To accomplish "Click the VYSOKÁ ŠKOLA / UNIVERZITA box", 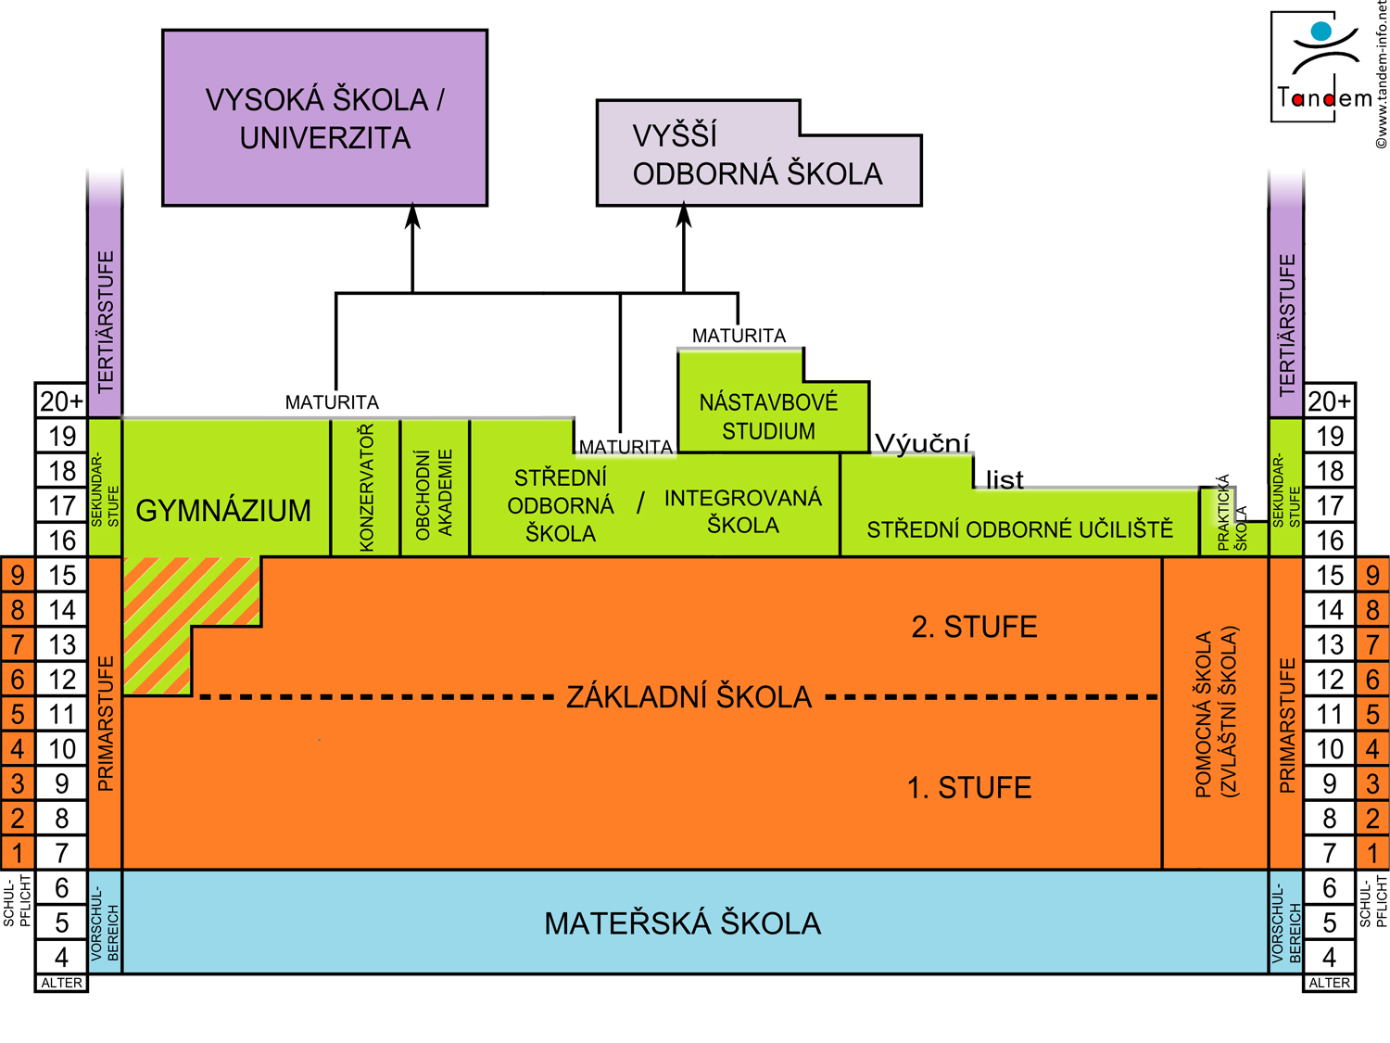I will click(324, 118).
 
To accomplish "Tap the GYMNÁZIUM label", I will click(223, 510).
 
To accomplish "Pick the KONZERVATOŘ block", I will click(366, 488).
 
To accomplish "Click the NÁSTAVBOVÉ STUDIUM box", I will click(768, 416).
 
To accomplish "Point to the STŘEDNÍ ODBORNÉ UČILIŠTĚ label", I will click(1019, 529).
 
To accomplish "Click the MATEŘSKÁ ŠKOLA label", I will click(683, 923).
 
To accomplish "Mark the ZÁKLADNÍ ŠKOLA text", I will click(689, 696).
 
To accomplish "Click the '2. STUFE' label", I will click(974, 628).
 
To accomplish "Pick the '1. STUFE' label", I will click(969, 788).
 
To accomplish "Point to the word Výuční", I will click(921, 443).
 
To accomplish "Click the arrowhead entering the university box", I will click(413, 217).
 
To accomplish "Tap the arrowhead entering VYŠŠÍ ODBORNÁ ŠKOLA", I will click(684, 217).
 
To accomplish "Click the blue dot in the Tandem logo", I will click(1321, 32).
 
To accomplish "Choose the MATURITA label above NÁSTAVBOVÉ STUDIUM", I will click(739, 336).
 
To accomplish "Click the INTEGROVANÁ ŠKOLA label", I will click(742, 511).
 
